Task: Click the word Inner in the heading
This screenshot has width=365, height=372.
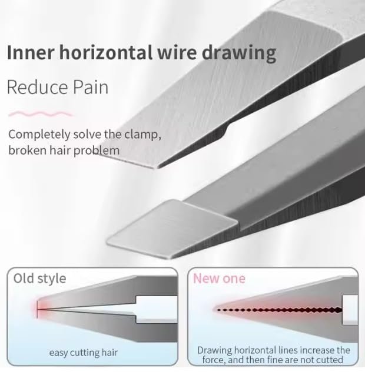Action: coord(31,52)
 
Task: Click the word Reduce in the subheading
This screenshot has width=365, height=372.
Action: coord(38,87)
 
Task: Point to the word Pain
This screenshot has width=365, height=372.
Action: coord(91,87)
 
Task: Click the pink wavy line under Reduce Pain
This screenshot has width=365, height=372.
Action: coord(41,114)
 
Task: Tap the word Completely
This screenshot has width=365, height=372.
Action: coord(39,135)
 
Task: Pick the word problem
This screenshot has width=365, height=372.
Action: coord(97,151)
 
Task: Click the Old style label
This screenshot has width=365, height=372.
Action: coord(39,279)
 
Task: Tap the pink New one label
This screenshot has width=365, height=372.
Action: coord(219,279)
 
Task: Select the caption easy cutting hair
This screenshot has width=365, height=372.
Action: coord(84,353)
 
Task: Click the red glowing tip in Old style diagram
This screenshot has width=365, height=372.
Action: coord(38,309)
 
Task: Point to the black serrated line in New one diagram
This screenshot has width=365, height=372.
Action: coord(280,310)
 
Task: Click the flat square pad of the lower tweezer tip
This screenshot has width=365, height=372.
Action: coord(172,229)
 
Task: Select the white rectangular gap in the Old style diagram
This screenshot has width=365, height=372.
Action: coord(157,309)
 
